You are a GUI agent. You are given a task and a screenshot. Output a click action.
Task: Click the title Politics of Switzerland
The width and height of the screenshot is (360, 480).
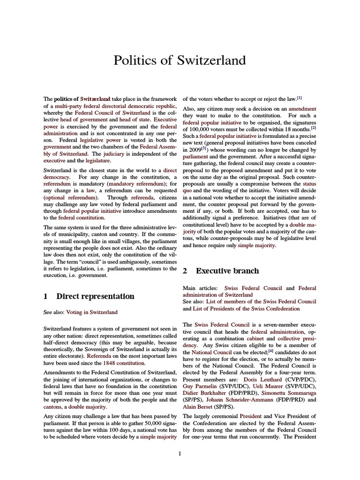pyautogui.click(x=180, y=60)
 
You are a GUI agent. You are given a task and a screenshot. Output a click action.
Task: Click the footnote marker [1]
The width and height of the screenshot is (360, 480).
pyautogui.click(x=299, y=98)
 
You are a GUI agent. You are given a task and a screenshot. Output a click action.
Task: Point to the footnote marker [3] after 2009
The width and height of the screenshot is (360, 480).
pyautogui.click(x=204, y=148)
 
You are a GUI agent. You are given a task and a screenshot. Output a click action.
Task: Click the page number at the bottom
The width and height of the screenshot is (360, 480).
pyautogui.click(x=180, y=453)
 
